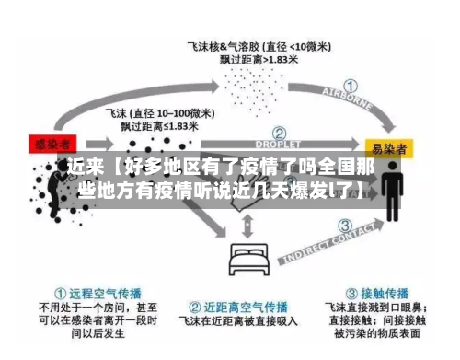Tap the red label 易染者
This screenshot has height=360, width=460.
click(x=389, y=146)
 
